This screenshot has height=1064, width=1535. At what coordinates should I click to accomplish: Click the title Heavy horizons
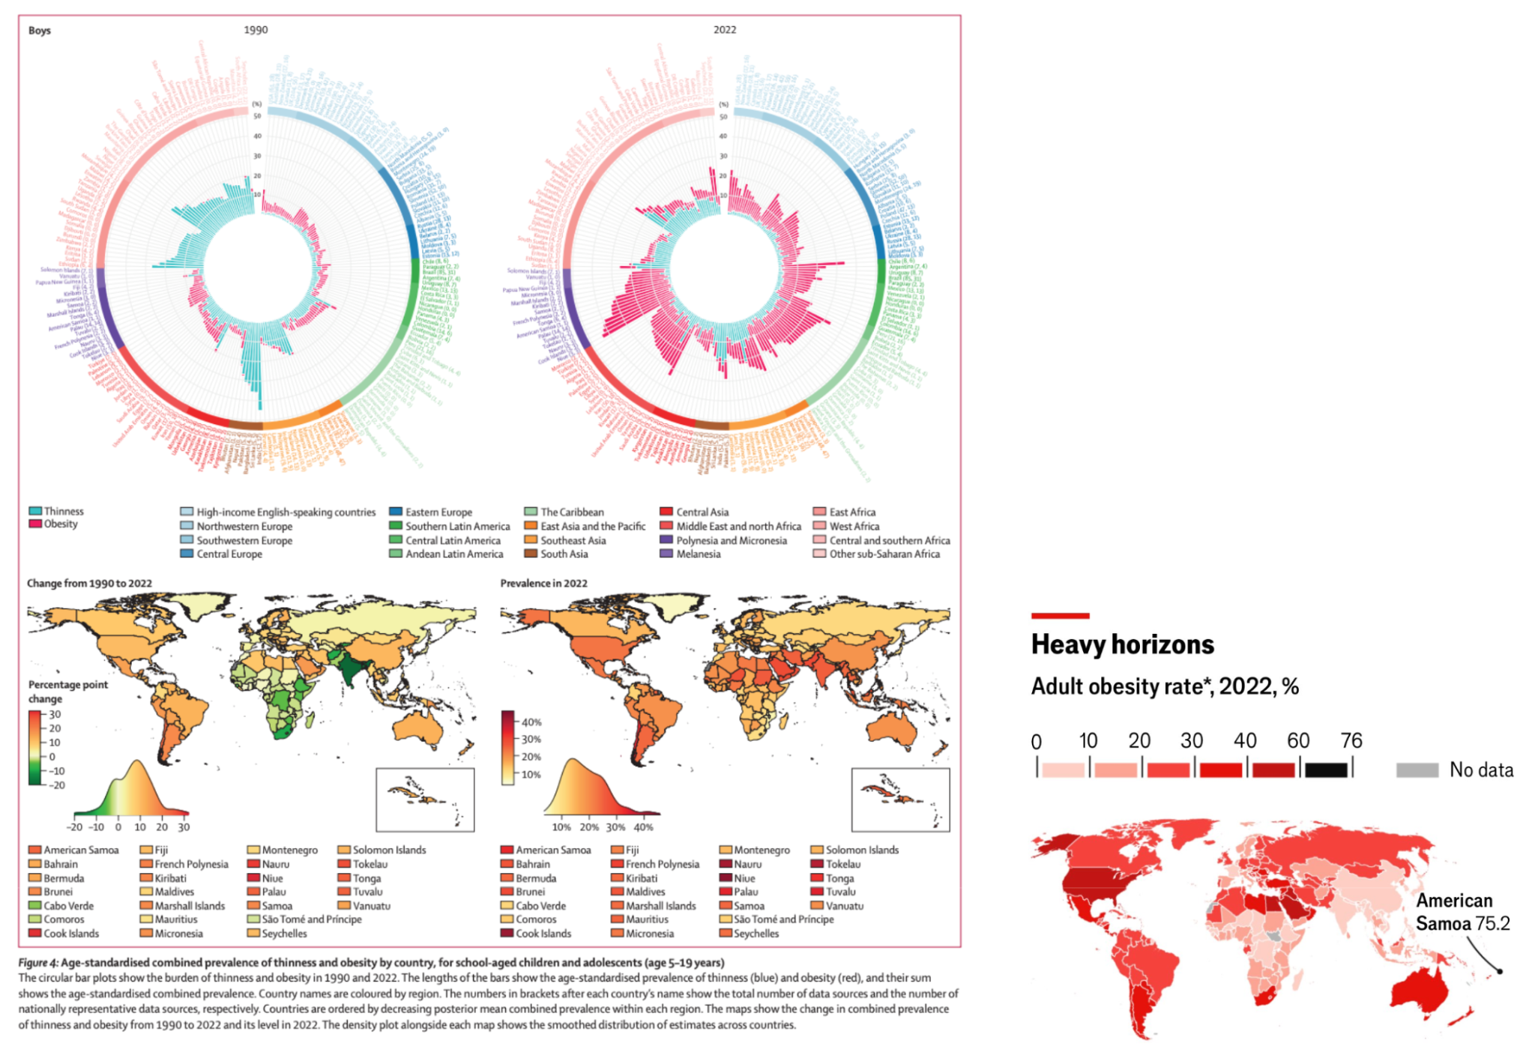click(x=1122, y=644)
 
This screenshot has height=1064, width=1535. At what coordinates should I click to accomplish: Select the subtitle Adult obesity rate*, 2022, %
click(x=1164, y=686)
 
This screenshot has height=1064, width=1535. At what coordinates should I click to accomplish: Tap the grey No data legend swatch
click(x=1417, y=770)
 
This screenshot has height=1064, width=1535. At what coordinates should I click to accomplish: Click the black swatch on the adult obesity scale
click(x=1326, y=770)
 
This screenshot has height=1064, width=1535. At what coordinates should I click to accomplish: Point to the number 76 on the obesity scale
click(x=1351, y=741)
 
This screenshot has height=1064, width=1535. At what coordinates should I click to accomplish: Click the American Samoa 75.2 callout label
click(x=1462, y=912)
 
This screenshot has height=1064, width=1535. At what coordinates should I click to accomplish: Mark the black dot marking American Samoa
click(x=1500, y=971)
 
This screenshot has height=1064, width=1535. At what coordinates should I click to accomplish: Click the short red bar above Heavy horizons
click(x=1060, y=616)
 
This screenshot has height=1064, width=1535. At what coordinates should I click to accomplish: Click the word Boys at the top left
click(x=40, y=30)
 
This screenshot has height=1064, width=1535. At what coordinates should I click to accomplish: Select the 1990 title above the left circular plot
click(x=256, y=30)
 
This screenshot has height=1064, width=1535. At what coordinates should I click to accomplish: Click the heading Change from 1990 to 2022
click(x=89, y=583)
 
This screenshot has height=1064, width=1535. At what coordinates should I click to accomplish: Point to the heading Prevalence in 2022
click(x=543, y=583)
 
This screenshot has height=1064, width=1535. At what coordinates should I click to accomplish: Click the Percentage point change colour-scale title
click(x=67, y=692)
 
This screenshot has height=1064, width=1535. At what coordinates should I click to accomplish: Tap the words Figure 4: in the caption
click(x=37, y=962)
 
